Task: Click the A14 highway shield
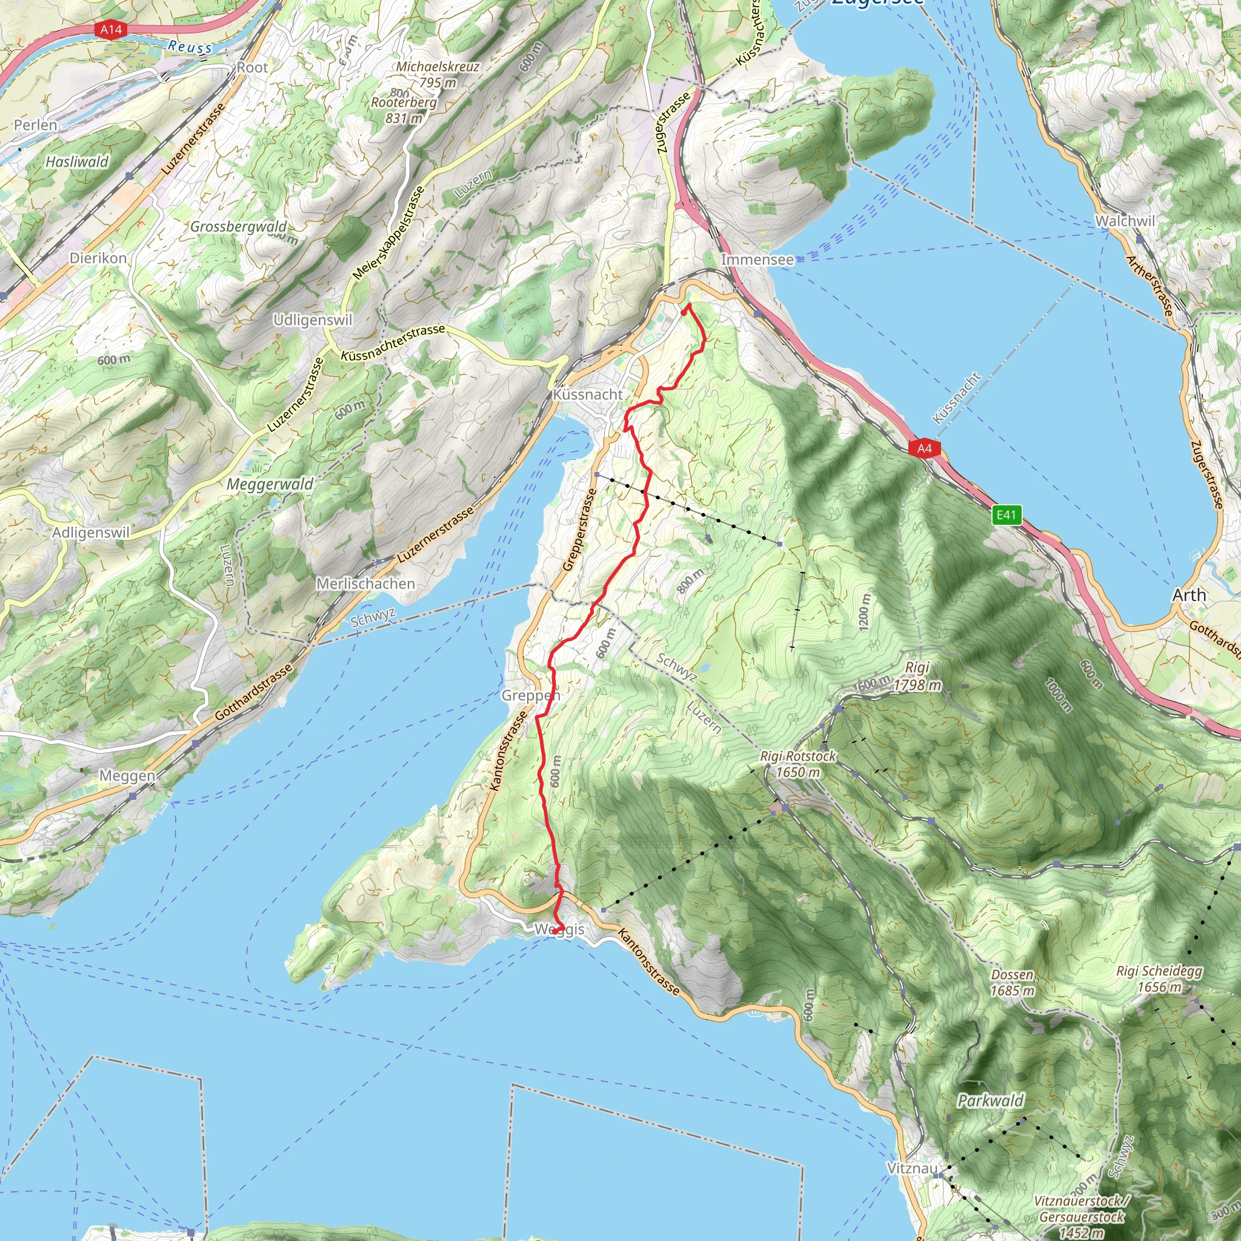pos(110,30)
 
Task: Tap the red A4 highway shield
pos(924,448)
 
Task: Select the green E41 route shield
pos(1006,514)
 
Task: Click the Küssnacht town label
pos(588,394)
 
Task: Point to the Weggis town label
pos(559,930)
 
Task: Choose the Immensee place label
pos(757,259)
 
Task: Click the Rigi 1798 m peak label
pos(917,676)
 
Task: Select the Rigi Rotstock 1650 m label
pos(798,764)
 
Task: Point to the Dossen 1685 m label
pos(1013,982)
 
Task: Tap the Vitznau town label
pos(912,1168)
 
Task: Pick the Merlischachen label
pos(365,584)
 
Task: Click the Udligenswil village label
pos(313,320)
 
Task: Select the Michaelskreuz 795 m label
pos(438,75)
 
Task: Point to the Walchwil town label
pos(1125,221)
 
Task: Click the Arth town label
pos(1189,595)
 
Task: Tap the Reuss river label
pos(190,46)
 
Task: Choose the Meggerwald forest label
pos(270,484)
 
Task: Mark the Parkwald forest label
pos(991,1101)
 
